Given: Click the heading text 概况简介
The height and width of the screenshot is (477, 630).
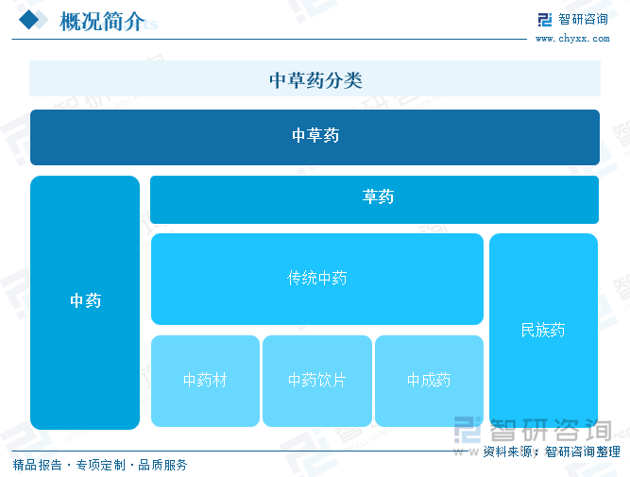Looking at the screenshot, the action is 102,22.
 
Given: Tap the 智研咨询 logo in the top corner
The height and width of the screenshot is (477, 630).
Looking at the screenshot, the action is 573,19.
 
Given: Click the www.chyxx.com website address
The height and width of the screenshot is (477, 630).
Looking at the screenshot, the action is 572,39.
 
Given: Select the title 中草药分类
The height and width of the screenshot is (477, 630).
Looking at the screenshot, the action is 315,80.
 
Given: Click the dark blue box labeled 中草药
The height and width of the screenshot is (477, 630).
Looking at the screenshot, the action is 315,138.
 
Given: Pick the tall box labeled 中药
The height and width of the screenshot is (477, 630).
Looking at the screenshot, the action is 85,302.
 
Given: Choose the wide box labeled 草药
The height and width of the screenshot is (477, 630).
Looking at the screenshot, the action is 374,199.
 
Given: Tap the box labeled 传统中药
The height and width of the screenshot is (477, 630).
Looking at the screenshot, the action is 317,279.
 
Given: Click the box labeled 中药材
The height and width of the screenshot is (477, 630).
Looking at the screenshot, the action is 205,381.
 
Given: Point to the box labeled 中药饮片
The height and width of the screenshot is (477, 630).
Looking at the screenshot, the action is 317,381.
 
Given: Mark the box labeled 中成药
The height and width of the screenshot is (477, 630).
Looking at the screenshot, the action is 429,381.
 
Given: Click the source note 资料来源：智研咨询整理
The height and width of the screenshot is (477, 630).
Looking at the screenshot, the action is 552,451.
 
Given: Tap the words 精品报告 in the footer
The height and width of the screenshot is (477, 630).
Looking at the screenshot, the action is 38,465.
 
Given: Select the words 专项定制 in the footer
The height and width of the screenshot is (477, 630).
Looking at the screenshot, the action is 101,465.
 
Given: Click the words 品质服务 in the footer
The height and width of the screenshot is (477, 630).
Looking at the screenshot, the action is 162,465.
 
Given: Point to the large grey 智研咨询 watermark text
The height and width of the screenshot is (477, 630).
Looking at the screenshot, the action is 551,430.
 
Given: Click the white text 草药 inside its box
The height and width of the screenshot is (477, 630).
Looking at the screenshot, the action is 378,196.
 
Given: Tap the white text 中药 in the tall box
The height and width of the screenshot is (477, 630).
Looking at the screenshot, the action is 86,300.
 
